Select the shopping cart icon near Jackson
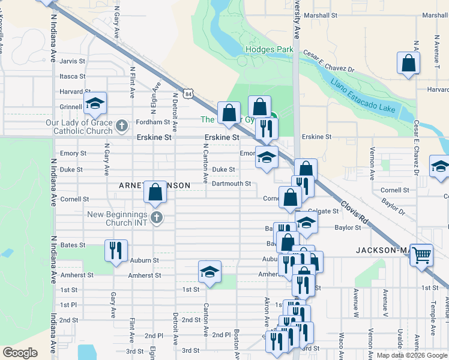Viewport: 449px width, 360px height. click(x=421, y=255)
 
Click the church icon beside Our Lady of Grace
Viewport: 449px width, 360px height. click(x=122, y=126)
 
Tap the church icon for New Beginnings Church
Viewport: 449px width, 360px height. click(x=157, y=217)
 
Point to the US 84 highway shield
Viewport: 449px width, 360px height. click(x=189, y=94)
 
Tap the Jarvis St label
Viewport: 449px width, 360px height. click(x=72, y=61)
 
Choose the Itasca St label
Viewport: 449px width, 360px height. click(x=73, y=76)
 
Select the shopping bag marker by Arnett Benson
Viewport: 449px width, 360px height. click(x=155, y=193)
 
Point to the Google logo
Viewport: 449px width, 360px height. click(x=20, y=353)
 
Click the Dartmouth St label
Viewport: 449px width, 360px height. click(x=231, y=184)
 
